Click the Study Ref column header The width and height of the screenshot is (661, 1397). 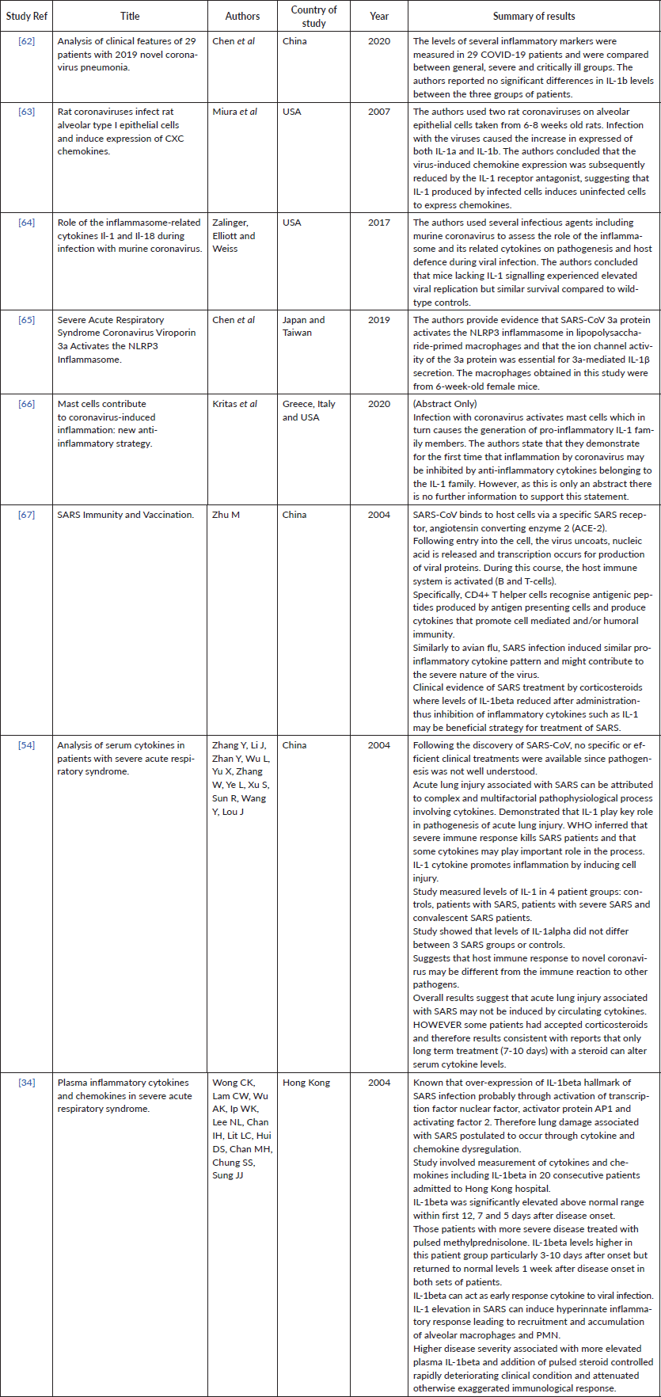click(x=27, y=16)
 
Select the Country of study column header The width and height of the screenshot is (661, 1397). click(x=313, y=16)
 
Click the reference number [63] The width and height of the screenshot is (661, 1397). click(x=27, y=112)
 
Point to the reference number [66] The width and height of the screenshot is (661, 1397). click(x=27, y=404)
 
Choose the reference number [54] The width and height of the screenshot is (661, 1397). click(x=27, y=745)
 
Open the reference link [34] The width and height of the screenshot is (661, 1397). click(x=27, y=1083)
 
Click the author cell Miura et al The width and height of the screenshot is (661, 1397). click(x=234, y=112)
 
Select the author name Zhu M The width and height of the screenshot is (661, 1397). click(x=226, y=515)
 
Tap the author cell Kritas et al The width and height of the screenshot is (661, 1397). click(x=235, y=404)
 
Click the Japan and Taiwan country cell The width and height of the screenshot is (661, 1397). click(x=309, y=327)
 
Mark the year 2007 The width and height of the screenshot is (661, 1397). click(x=378, y=112)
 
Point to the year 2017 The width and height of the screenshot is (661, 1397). click(x=378, y=223)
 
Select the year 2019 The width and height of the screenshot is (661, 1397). click(x=378, y=321)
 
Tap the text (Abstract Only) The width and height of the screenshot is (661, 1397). click(x=445, y=404)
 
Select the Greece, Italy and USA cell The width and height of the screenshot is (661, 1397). click(x=309, y=410)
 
